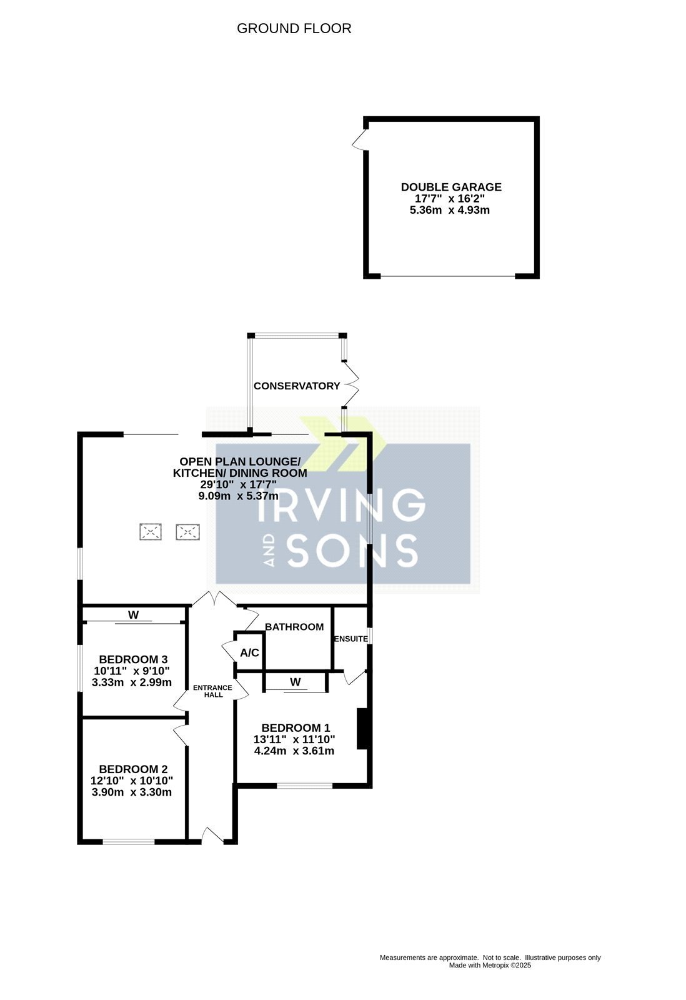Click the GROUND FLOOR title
click(x=294, y=29)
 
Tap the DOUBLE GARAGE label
click(x=451, y=187)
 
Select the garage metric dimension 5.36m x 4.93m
click(x=449, y=210)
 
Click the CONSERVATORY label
click(x=297, y=386)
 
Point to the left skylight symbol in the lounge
click(x=151, y=532)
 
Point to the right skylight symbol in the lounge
click(x=187, y=532)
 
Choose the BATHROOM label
click(x=294, y=627)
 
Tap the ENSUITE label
click(x=351, y=639)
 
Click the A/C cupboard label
click(x=249, y=652)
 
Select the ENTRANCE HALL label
click(x=212, y=691)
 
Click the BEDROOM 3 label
click(x=133, y=659)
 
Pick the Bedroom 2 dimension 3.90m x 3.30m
click(x=131, y=792)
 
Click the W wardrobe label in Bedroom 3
click(x=134, y=615)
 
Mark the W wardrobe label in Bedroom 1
click(x=295, y=682)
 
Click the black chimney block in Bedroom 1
click(x=362, y=729)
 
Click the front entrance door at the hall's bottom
click(x=213, y=836)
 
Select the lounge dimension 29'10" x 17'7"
click(x=239, y=484)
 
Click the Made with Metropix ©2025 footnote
click(x=490, y=965)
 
